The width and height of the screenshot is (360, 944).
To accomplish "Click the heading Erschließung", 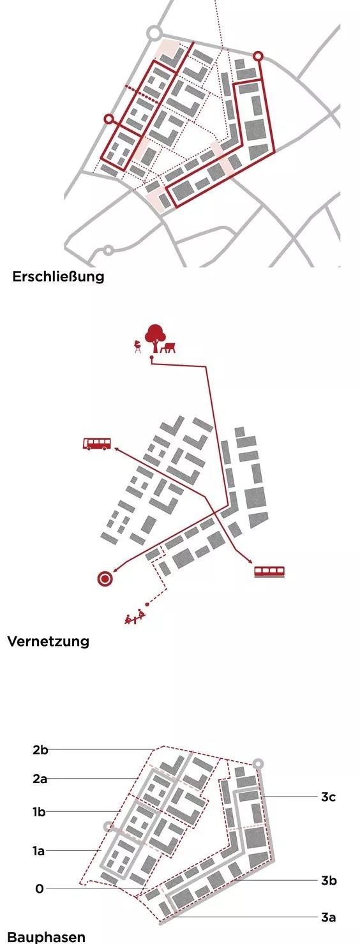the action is [x=58, y=277].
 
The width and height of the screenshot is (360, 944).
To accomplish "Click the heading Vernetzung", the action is [x=49, y=641].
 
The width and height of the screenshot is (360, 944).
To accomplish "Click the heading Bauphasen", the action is [x=47, y=937].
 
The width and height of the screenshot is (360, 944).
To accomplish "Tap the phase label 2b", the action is [x=40, y=750].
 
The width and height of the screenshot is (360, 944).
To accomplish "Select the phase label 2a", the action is [x=40, y=779].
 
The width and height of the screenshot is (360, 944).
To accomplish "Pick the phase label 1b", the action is [x=39, y=811].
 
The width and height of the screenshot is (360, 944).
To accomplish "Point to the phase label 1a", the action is [x=39, y=851].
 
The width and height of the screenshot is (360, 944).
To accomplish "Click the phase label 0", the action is [x=40, y=889].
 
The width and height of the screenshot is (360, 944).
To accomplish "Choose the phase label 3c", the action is [x=328, y=797].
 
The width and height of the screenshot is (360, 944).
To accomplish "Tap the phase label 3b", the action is [x=329, y=880].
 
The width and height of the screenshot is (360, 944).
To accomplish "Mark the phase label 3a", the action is [x=328, y=917].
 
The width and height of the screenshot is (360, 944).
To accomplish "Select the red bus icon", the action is [x=97, y=444].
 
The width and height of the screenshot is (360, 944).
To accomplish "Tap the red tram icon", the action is [x=269, y=571].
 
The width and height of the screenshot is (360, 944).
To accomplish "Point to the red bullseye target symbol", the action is [x=105, y=579].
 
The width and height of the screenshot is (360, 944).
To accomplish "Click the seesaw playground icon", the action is [x=136, y=617].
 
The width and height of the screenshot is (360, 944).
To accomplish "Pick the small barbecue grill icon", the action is [x=137, y=347].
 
